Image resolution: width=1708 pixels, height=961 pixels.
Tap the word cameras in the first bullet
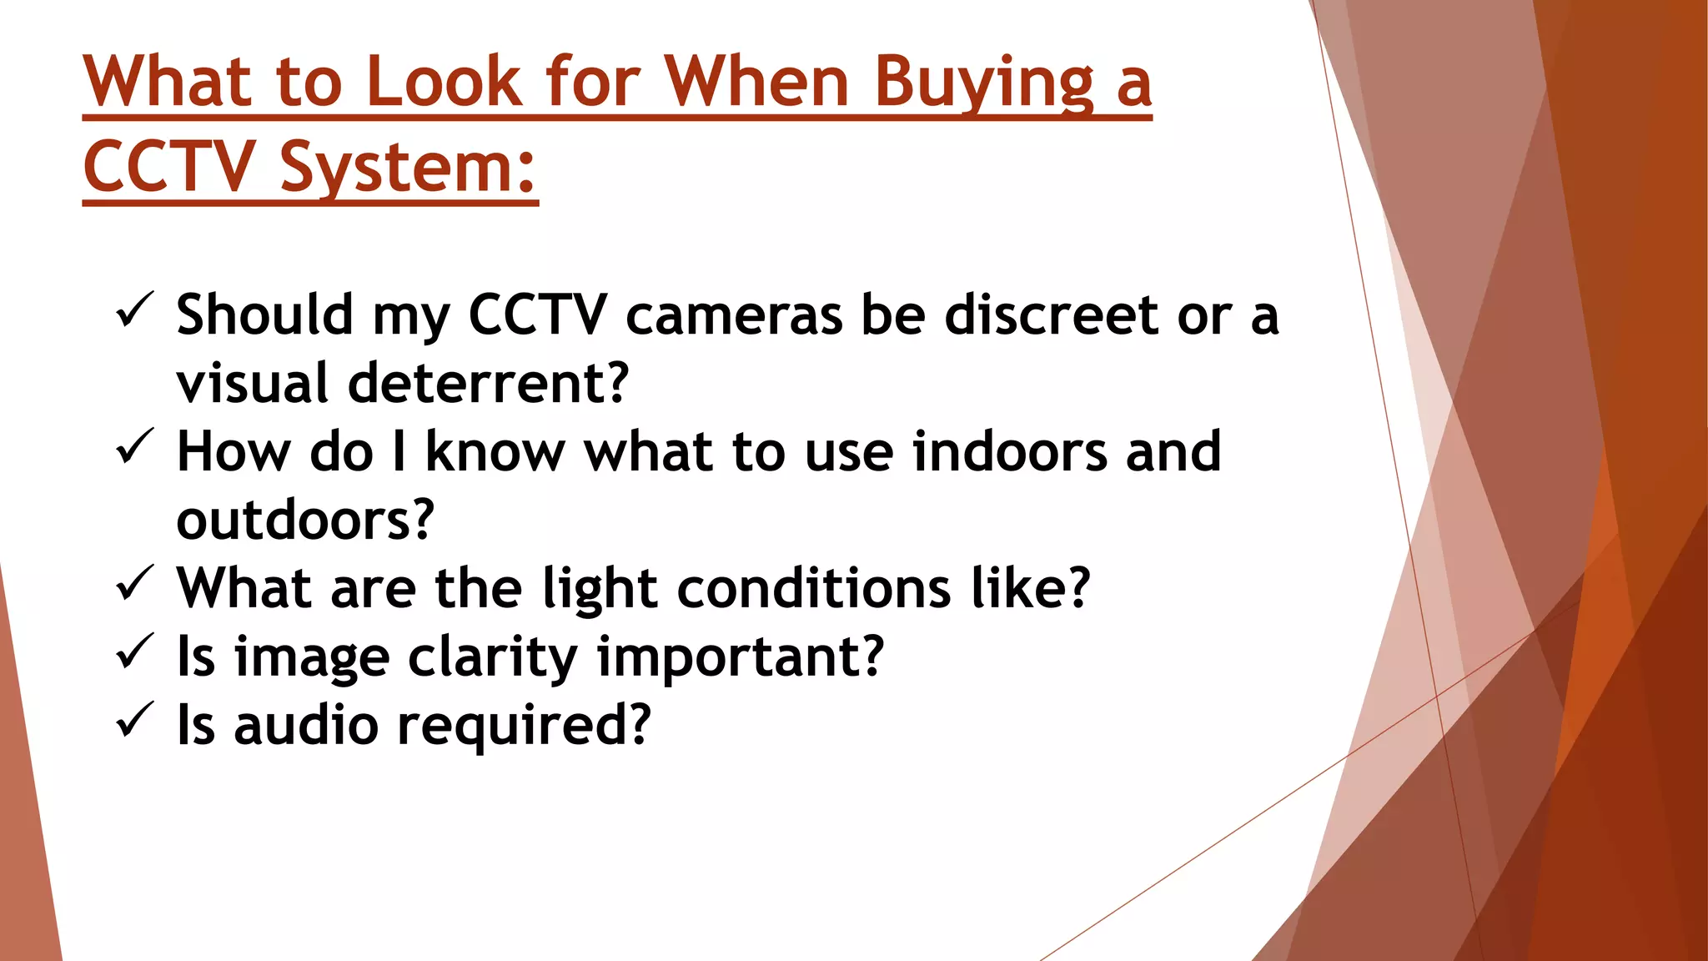coord(734,317)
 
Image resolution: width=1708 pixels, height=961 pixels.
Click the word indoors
coord(1009,452)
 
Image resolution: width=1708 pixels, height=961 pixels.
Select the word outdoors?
coord(305,521)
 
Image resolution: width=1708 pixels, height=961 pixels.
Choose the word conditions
coord(813,589)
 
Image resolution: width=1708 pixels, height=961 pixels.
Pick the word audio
coord(306,726)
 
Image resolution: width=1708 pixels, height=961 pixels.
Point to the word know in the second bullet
coord(495,452)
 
